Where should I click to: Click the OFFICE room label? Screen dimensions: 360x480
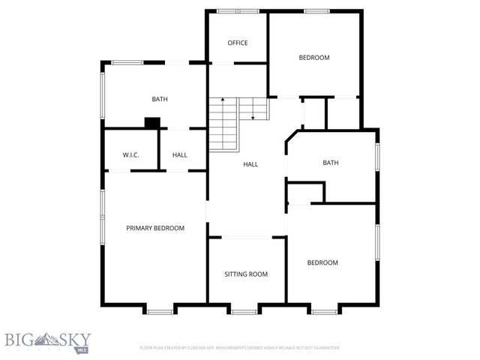[x=237, y=43]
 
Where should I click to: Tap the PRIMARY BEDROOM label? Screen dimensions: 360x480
[x=155, y=228]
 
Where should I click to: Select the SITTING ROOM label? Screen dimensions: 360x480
[x=246, y=274]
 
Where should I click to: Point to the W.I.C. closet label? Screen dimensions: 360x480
[x=131, y=155]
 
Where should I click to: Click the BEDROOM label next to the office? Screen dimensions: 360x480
[x=314, y=58]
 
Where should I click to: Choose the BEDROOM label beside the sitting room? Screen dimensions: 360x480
[x=322, y=262]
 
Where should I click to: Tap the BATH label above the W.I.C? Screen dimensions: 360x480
[x=159, y=99]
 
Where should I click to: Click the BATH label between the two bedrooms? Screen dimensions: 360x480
[x=331, y=163]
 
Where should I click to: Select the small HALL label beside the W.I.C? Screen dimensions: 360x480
[x=180, y=155]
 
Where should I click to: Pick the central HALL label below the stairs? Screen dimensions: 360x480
[x=250, y=163]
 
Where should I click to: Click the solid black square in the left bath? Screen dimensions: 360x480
[x=152, y=122]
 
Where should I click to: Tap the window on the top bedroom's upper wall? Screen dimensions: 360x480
[x=316, y=11]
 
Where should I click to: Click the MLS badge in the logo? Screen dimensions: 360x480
[x=81, y=349]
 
